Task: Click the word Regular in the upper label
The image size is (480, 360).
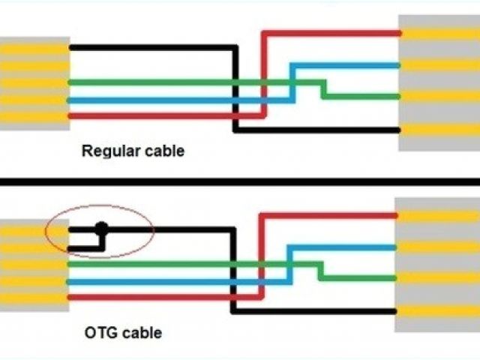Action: (x=106, y=151)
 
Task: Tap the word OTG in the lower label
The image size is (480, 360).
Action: (x=98, y=331)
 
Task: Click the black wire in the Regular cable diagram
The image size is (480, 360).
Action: (x=150, y=48)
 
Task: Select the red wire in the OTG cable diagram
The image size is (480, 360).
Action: (x=150, y=298)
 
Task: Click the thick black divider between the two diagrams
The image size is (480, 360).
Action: (x=240, y=181)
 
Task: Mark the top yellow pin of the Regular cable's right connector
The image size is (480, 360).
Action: (x=439, y=33)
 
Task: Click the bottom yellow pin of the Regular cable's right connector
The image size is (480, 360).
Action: (x=439, y=129)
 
